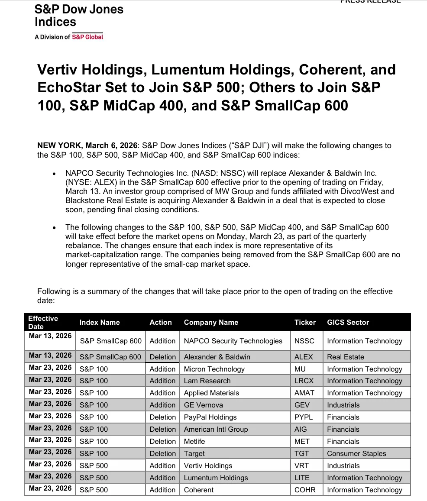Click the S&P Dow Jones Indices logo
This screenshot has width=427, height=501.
pos(79,16)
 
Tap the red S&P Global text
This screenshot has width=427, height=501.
pos(87,37)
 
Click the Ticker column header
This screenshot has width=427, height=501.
pos(305,322)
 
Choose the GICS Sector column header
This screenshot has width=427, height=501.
pos(348,322)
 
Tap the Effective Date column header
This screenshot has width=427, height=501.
pos(43,322)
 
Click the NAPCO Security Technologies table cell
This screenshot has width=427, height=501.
pos(233,341)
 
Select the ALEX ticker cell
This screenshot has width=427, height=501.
pos(303,357)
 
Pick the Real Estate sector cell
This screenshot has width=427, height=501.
pos(346,357)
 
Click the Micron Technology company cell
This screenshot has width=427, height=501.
pos(214,369)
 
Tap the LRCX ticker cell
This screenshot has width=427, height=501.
pos(304,381)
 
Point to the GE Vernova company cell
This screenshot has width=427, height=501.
pos(204,405)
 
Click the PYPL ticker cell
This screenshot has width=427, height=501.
pos(303,417)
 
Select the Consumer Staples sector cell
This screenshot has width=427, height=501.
pos(356,453)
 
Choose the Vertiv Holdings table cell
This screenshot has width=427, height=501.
pos(208,465)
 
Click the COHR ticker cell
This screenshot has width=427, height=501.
pos(305,490)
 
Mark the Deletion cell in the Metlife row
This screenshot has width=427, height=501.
pos(162,441)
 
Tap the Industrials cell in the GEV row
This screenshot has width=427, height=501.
pos(343,405)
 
